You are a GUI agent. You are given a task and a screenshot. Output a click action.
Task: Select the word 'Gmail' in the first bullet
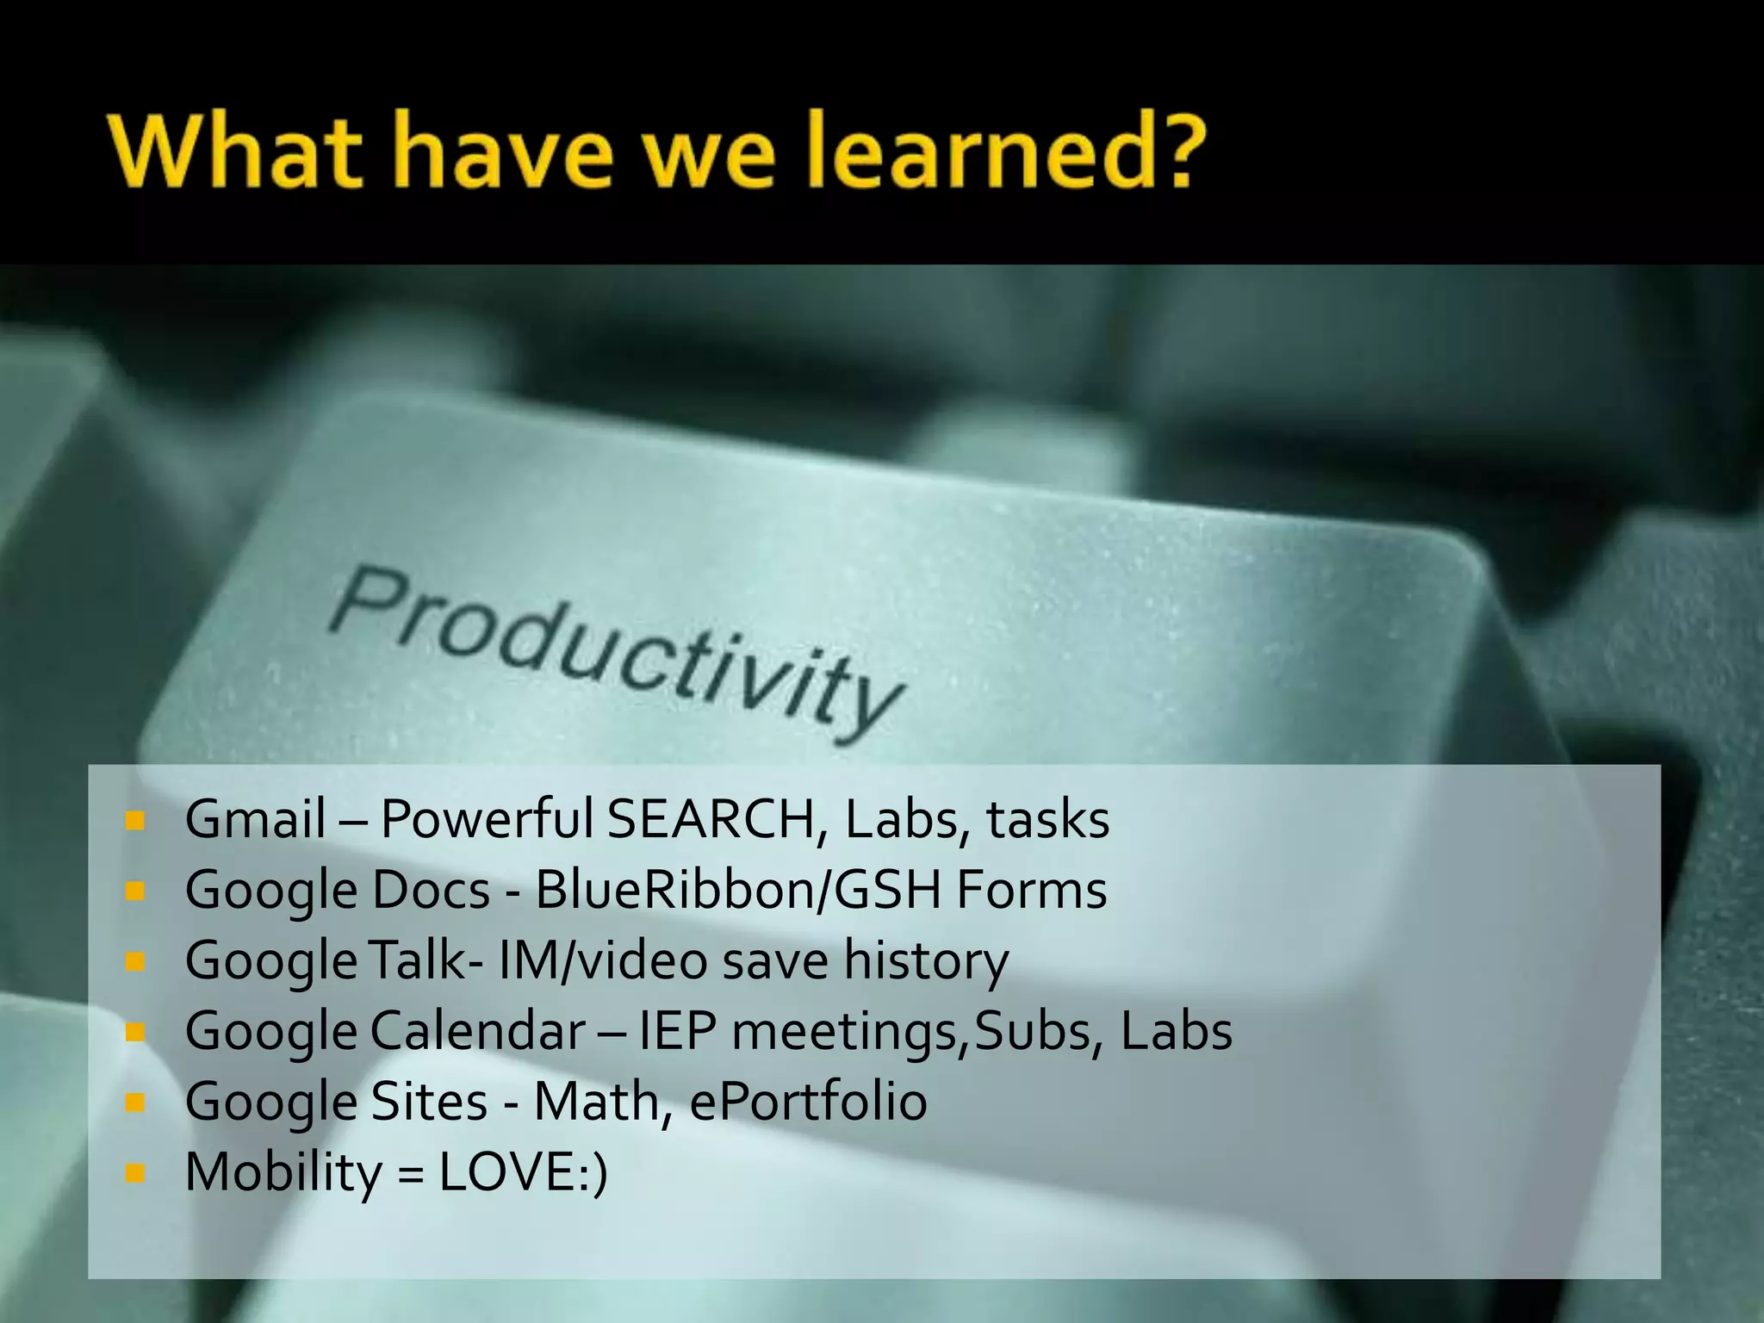(255, 818)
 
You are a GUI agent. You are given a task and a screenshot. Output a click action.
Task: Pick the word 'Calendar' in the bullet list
(478, 1030)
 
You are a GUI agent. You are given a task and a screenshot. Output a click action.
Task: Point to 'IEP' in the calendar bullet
(678, 1030)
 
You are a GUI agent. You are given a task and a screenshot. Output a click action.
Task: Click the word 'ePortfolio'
(808, 1101)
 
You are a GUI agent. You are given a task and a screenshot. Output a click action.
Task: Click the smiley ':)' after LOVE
(593, 1171)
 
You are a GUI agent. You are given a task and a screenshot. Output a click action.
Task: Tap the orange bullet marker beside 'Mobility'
(134, 1172)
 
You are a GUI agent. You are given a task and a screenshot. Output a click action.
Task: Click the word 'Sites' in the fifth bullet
(429, 1101)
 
